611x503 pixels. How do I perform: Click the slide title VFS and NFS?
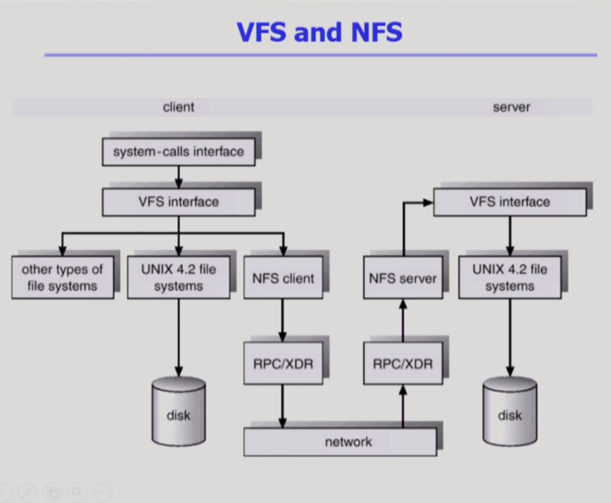point(320,32)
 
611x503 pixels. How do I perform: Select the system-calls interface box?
point(178,152)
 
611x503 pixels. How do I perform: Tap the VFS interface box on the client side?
point(178,202)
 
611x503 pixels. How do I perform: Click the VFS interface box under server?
point(510,202)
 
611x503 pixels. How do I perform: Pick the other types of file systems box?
point(62,278)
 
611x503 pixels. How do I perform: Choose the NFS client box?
point(283,278)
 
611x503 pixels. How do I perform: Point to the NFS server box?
point(403,278)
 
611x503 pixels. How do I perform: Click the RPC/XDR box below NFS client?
point(283,363)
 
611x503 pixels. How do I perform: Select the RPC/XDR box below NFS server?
point(403,363)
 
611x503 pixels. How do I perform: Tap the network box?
point(340,442)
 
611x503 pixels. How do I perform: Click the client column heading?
point(178,107)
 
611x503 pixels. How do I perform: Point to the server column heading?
point(511,107)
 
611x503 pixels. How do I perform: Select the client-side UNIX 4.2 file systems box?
point(178,278)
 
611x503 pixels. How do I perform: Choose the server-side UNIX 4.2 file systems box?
point(510,278)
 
